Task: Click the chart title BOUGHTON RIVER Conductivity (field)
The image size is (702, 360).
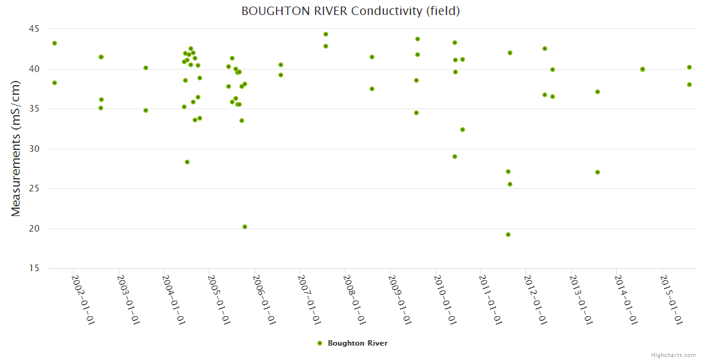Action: (350, 11)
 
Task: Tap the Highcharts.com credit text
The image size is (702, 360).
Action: (673, 355)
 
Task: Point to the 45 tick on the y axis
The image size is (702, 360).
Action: (33, 29)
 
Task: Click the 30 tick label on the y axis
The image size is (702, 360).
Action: (33, 149)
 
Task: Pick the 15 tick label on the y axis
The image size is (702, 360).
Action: (33, 268)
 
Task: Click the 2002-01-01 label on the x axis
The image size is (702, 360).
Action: (83, 299)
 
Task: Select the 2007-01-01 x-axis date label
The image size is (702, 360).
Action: (310, 299)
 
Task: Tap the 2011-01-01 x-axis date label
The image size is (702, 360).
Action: (490, 299)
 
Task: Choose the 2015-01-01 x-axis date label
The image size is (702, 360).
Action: (671, 299)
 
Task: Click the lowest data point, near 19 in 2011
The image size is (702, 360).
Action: (508, 235)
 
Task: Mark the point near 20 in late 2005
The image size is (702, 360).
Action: (245, 227)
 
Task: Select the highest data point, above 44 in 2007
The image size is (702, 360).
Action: (326, 34)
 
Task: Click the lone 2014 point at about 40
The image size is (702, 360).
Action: (643, 69)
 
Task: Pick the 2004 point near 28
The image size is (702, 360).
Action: (187, 162)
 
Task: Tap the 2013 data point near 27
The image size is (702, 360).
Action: (598, 172)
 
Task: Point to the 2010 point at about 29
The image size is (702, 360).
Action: (455, 157)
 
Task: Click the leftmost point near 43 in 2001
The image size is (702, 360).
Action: (55, 43)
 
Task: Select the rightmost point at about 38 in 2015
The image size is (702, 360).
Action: (689, 85)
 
